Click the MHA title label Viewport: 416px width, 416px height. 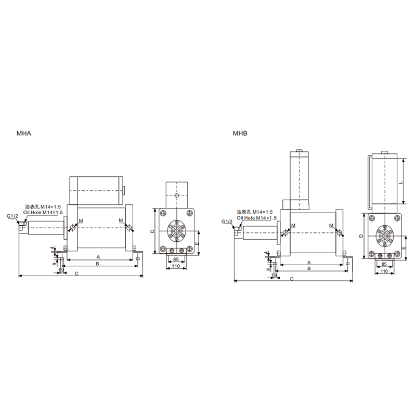tap(24, 133)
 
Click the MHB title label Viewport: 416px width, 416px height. tap(240, 133)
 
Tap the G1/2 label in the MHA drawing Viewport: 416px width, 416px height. tap(12, 216)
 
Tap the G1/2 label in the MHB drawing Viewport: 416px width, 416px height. tap(227, 222)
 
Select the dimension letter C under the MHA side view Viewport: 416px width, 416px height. tap(76, 274)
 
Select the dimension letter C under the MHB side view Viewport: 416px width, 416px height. tap(292, 279)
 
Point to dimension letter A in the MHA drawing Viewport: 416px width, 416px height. tap(98, 257)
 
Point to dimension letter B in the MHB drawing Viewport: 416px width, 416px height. tap(309, 268)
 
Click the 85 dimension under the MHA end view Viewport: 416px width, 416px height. tap(176, 259)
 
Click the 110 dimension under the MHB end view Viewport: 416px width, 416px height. tap(384, 271)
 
